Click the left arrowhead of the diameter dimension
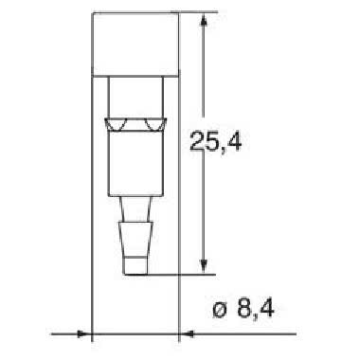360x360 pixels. click(x=86, y=333)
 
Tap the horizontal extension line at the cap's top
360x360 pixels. click(x=189, y=13)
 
